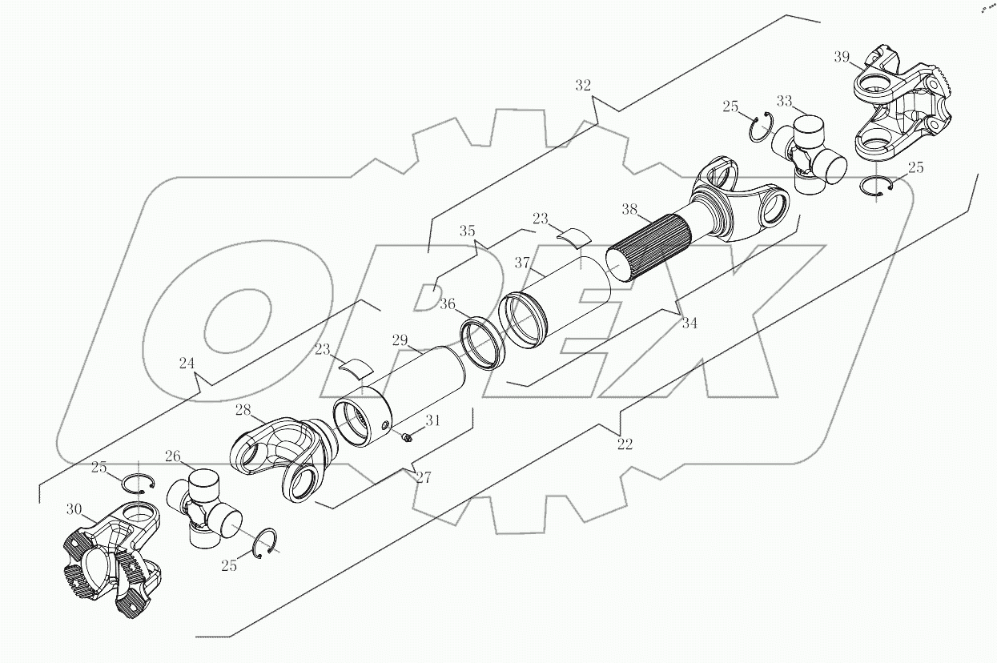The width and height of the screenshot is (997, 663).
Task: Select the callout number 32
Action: click(583, 85)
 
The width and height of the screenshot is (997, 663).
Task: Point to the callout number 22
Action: click(625, 443)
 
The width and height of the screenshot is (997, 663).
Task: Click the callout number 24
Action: click(187, 364)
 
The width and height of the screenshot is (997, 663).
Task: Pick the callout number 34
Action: click(689, 323)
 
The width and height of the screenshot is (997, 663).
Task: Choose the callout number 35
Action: click(467, 231)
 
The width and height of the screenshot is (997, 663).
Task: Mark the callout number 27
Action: click(423, 477)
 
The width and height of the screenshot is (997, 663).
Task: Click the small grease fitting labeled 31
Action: click(407, 436)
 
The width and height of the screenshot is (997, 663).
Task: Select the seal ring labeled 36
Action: click(481, 342)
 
